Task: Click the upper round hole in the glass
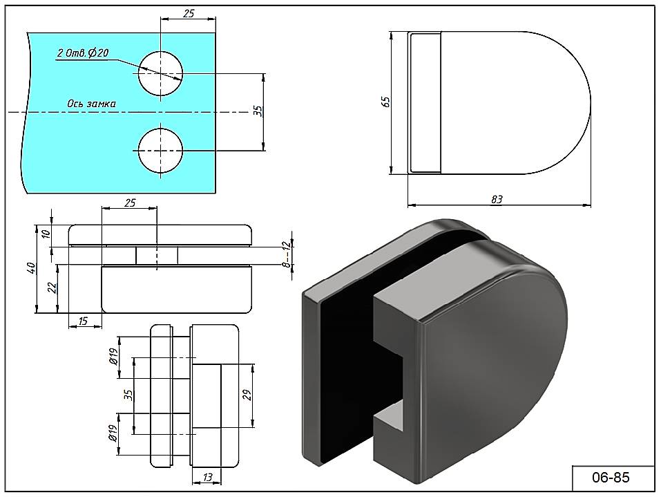pyautogui.click(x=160, y=73)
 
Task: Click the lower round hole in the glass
pyautogui.click(x=160, y=150)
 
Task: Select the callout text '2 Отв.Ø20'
pyautogui.click(x=83, y=53)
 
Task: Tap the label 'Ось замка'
pyautogui.click(x=91, y=104)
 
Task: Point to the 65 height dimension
pyautogui.click(x=387, y=101)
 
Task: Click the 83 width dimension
pyautogui.click(x=496, y=199)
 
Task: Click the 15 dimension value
pyautogui.click(x=83, y=321)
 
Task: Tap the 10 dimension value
pyautogui.click(x=46, y=233)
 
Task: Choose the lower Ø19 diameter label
pyautogui.click(x=113, y=433)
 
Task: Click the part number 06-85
pyautogui.click(x=611, y=477)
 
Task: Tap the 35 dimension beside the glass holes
pyautogui.click(x=258, y=111)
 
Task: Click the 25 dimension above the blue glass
pyautogui.click(x=189, y=13)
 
